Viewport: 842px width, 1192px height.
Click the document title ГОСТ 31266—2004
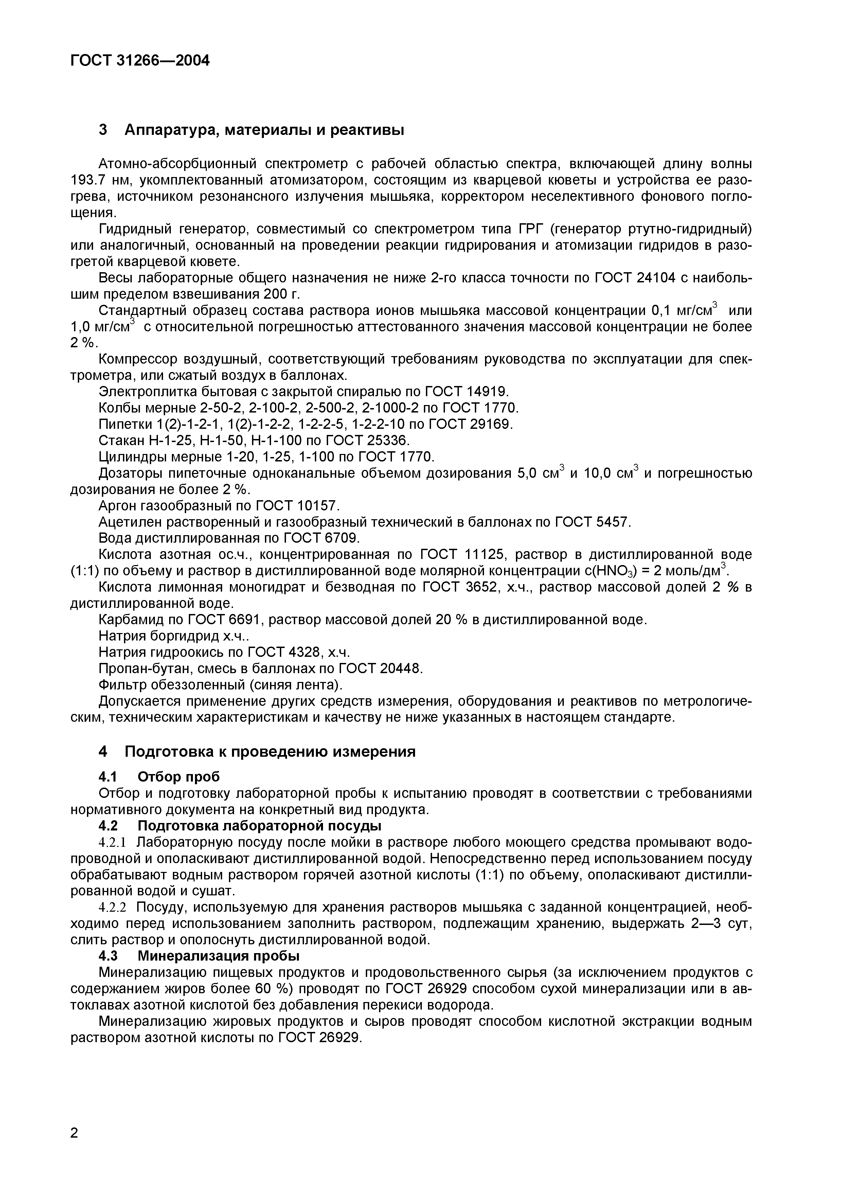pyautogui.click(x=140, y=61)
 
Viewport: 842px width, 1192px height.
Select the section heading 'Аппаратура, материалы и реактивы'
pyautogui.click(x=264, y=130)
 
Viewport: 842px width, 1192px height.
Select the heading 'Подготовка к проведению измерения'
pyautogui.click(x=270, y=751)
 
